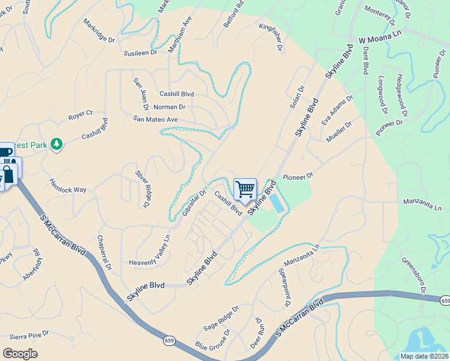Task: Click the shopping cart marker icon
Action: click(245, 190)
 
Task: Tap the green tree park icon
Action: click(57, 144)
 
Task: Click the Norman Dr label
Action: click(170, 107)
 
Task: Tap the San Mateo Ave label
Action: click(155, 120)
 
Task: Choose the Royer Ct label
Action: click(80, 113)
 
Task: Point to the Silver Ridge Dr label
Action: click(141, 187)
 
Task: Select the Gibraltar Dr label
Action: click(194, 204)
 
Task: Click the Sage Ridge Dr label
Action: click(220, 317)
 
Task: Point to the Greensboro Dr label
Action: click(416, 276)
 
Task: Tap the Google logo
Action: click(20, 354)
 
